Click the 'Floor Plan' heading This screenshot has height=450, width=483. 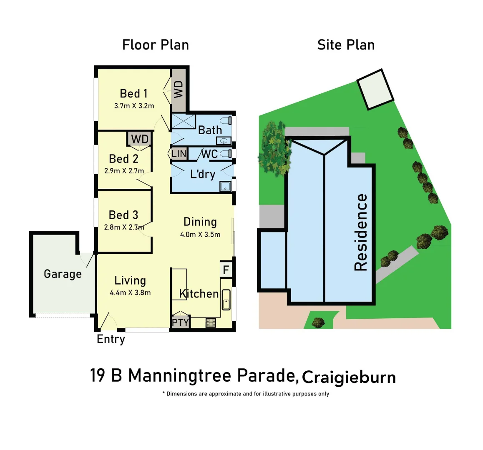coord(155,45)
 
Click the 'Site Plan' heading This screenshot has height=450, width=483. coord(346,45)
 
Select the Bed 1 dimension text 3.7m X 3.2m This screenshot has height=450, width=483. coord(134,106)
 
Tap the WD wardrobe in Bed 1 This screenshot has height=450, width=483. coord(179,90)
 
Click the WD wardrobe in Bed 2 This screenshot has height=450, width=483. coord(140,139)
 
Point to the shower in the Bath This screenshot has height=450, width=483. coord(184,122)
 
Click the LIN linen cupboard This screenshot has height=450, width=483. coord(179,153)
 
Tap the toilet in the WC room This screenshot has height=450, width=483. coord(226,154)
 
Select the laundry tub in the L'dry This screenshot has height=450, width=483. coord(226,186)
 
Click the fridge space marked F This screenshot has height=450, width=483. coord(226,270)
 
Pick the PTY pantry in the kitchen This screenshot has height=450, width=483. coord(180,322)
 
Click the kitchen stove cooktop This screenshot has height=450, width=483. coord(211,322)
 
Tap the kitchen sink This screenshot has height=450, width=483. coord(226,300)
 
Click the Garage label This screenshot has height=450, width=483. coord(63,274)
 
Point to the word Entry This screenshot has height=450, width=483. coord(111,339)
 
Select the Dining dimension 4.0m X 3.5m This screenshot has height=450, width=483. coord(200,235)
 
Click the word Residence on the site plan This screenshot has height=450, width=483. coord(361,232)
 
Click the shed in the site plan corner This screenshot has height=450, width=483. coord(375,89)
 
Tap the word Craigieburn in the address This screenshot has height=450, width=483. coord(349,377)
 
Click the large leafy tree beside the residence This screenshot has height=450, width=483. coord(274,148)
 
